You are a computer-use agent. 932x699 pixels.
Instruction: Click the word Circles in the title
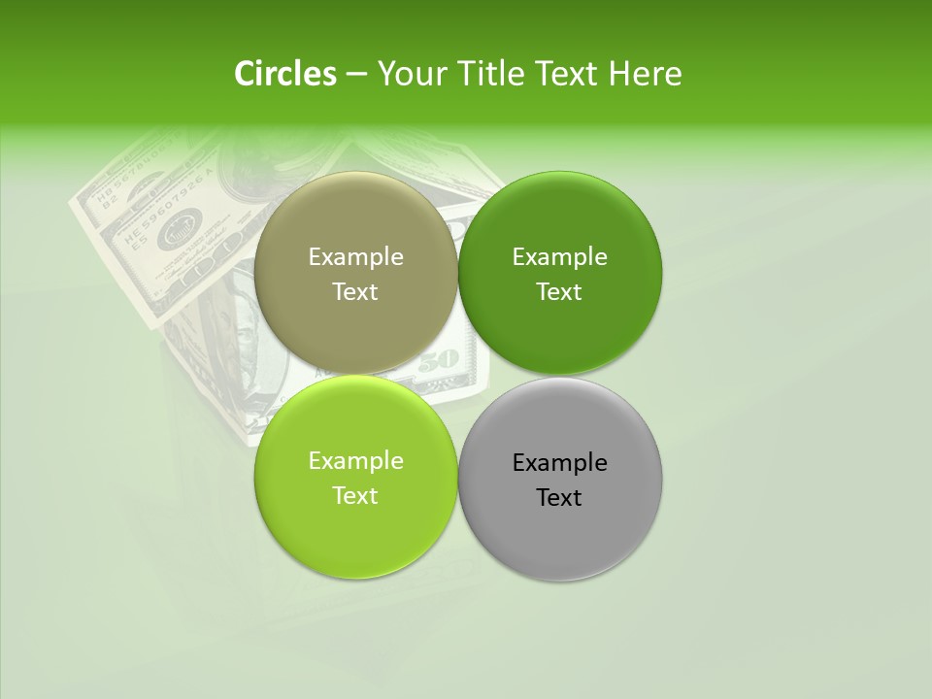pyautogui.click(x=284, y=74)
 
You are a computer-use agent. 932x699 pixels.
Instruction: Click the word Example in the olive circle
pyautogui.click(x=355, y=257)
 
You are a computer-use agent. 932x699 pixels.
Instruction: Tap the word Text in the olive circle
pyautogui.click(x=355, y=292)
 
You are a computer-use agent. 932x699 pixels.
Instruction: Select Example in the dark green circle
pyautogui.click(x=559, y=257)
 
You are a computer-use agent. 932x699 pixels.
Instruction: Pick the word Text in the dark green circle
pyautogui.click(x=559, y=292)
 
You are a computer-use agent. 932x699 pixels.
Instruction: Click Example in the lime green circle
pyautogui.click(x=355, y=461)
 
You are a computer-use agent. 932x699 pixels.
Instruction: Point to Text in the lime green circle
pyautogui.click(x=355, y=496)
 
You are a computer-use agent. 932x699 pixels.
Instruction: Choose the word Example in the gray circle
pyautogui.click(x=559, y=463)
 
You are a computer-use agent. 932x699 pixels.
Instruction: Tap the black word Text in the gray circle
pyautogui.click(x=559, y=498)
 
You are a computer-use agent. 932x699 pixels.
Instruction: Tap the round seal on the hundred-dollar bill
pyautogui.click(x=178, y=234)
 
